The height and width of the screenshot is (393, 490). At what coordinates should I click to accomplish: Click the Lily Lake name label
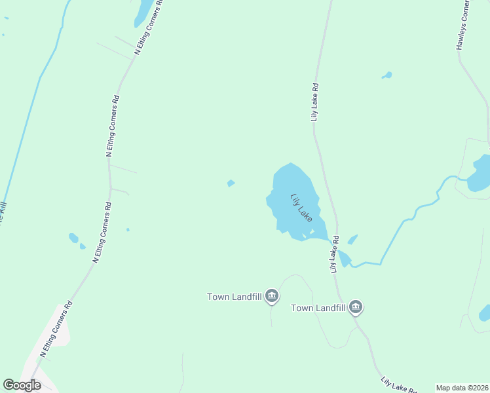(301, 206)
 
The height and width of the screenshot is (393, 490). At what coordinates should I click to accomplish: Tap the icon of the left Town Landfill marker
(273, 297)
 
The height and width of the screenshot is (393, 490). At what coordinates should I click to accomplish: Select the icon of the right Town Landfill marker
(356, 307)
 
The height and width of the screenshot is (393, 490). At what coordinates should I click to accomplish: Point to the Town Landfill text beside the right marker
(318, 307)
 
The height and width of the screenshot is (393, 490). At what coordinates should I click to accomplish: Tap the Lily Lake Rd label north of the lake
(315, 102)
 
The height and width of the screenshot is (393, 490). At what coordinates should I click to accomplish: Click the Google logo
(22, 385)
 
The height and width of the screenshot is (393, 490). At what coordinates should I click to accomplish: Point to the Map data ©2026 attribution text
(462, 388)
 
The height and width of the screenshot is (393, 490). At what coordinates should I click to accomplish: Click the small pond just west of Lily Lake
(231, 183)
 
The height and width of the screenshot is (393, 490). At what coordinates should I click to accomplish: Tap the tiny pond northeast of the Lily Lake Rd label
(386, 75)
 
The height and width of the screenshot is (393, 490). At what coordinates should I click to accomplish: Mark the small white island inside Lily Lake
(312, 231)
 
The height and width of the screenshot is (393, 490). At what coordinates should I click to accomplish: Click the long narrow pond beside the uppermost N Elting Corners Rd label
(142, 13)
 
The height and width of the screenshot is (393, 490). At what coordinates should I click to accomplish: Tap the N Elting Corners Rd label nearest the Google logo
(56, 331)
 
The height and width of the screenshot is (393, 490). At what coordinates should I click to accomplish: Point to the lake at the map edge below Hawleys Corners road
(480, 174)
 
